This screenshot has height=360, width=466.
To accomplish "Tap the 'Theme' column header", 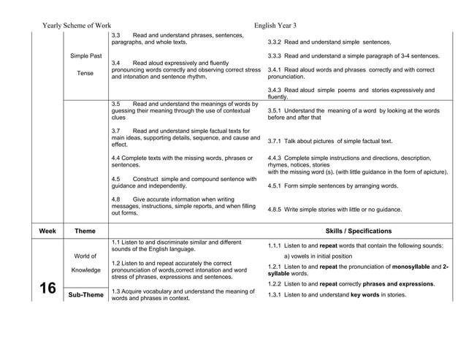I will (85, 231).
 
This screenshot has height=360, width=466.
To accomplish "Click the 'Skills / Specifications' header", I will (358, 231).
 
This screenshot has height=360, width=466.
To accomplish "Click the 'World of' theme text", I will (86, 256).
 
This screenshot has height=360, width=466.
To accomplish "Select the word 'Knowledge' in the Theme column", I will (86, 270).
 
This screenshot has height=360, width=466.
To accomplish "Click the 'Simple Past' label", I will (86, 56).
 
